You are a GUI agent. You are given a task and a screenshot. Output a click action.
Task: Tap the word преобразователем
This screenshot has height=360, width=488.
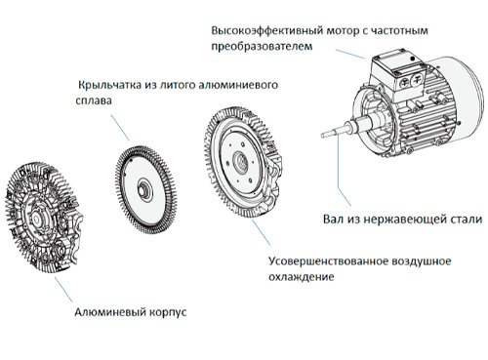(259, 45)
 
